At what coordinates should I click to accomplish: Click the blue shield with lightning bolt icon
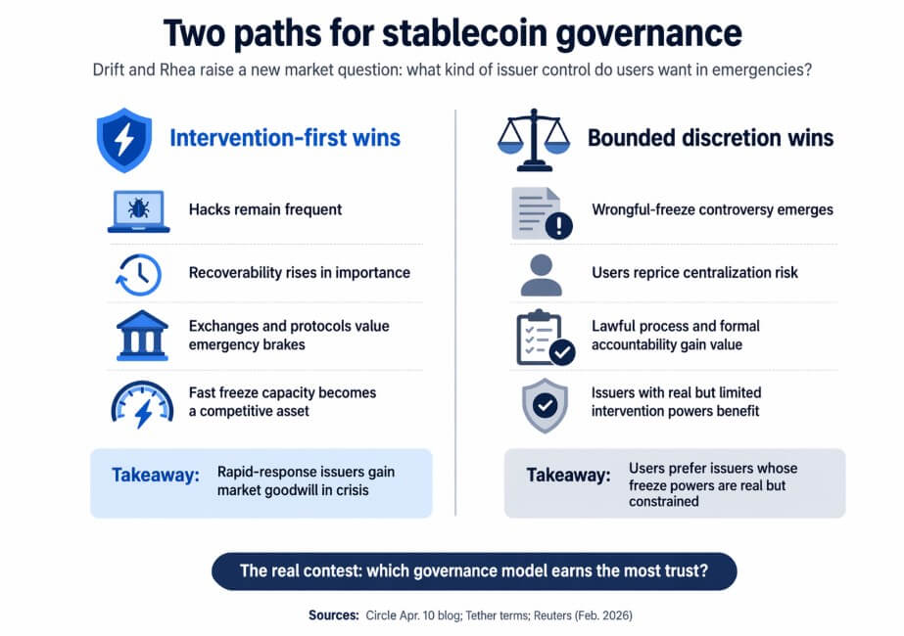(124, 139)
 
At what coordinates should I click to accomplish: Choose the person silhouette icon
(541, 274)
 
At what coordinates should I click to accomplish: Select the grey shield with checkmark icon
(544, 405)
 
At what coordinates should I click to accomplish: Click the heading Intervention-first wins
(285, 138)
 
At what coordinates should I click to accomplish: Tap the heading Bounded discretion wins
(710, 138)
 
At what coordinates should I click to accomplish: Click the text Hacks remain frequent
(265, 209)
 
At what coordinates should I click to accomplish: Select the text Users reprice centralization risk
(694, 272)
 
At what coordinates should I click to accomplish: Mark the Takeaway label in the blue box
(155, 475)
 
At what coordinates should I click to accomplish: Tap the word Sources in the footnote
(332, 615)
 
